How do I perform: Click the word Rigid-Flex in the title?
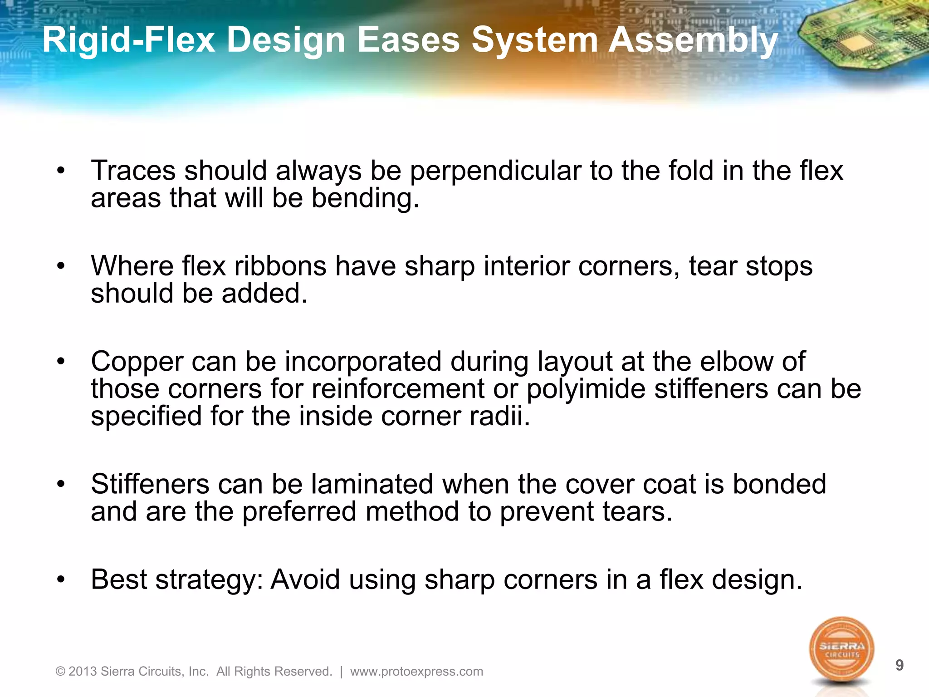(x=128, y=40)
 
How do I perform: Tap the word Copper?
(x=137, y=362)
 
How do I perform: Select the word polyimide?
(x=586, y=389)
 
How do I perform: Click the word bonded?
(x=779, y=484)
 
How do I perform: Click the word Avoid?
(x=305, y=579)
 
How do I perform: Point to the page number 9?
(x=900, y=665)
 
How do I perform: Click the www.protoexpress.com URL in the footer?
(x=416, y=672)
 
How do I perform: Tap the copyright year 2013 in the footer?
(x=83, y=672)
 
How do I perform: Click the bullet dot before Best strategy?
(x=61, y=579)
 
